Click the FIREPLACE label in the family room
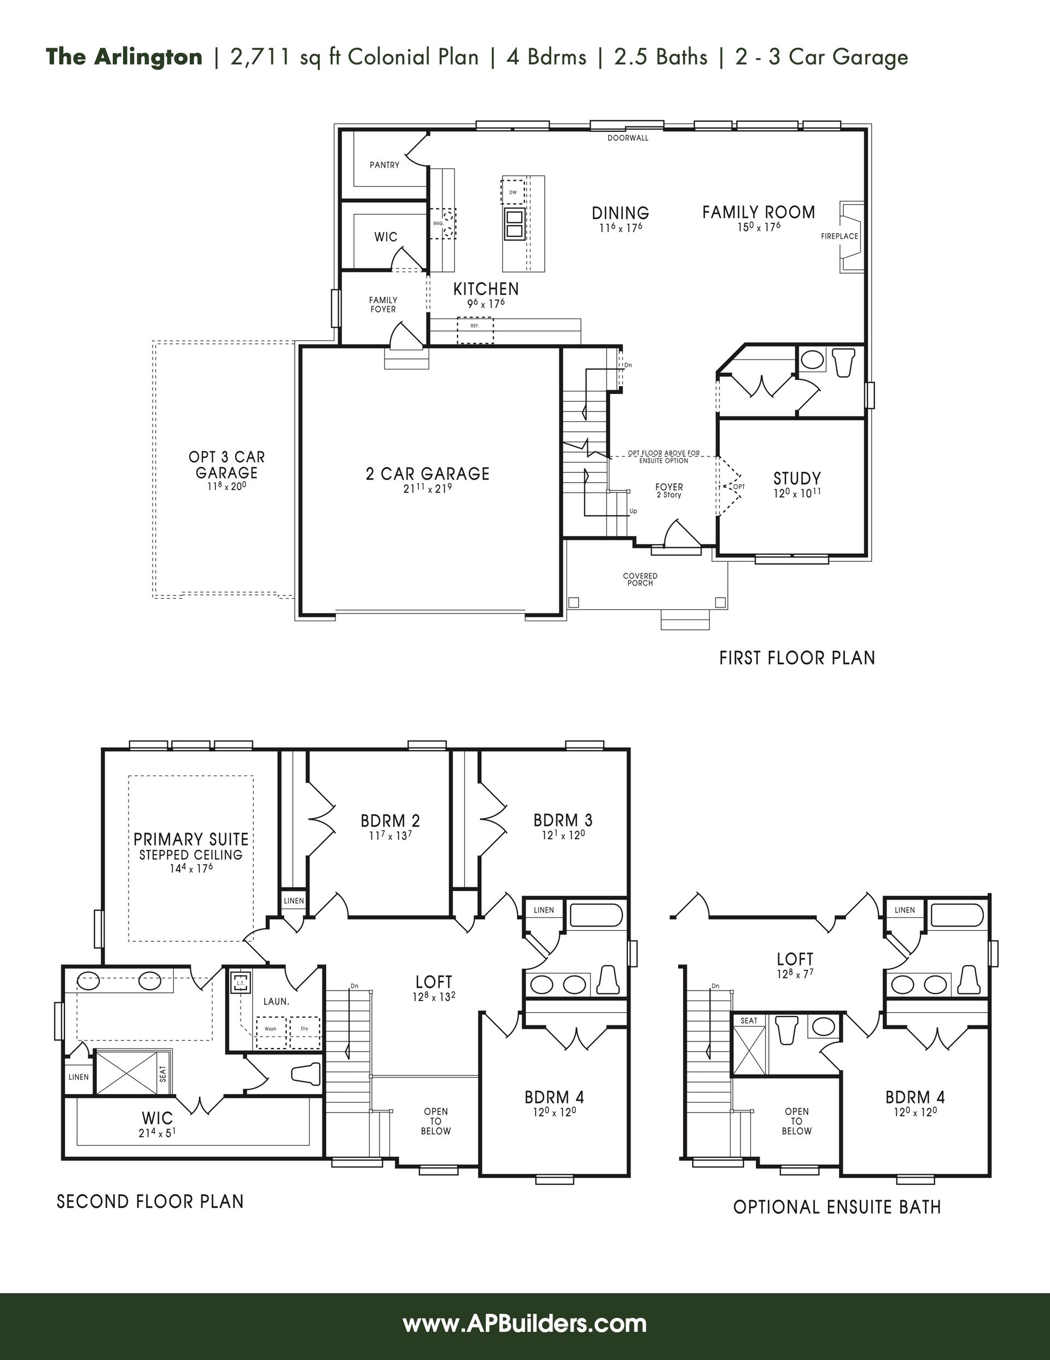pos(839,236)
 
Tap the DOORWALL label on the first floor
pos(628,137)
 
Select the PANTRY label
pos(384,165)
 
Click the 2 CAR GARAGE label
pos(428,474)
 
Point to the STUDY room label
pos(797,478)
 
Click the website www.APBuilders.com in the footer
pos(524,1323)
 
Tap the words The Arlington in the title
pos(124,57)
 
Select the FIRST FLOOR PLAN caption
pos(797,658)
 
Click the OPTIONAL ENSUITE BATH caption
pos(837,1207)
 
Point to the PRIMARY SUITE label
pos(191,839)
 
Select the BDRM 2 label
pos(390,820)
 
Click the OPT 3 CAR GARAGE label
pos(226,465)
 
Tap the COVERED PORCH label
pos(640,579)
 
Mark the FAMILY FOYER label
pos(383,304)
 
